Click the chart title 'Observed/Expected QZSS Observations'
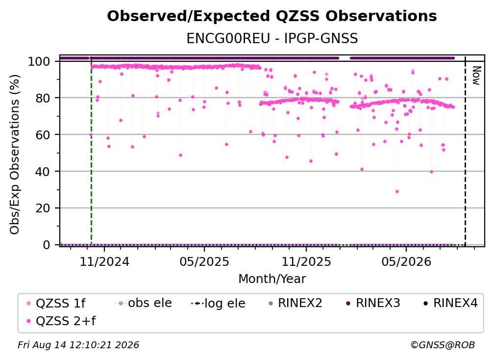[272, 16]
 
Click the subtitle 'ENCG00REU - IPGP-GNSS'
[272, 38]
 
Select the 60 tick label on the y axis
[43, 135]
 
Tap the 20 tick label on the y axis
[43, 208]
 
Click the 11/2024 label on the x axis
[104, 261]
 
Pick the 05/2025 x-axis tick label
[204, 261]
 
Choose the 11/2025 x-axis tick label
[306, 261]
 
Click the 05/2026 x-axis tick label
[406, 261]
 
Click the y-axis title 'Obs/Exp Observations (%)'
[15, 154]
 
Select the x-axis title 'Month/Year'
[272, 279]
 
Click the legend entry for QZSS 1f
[56, 303]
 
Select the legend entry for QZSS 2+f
[61, 321]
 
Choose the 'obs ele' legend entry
[143, 303]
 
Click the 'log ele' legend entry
[218, 303]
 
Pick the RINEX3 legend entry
[373, 303]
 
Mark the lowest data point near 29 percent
[397, 192]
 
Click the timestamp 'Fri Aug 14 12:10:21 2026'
[78, 345]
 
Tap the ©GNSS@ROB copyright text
[443, 345]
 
